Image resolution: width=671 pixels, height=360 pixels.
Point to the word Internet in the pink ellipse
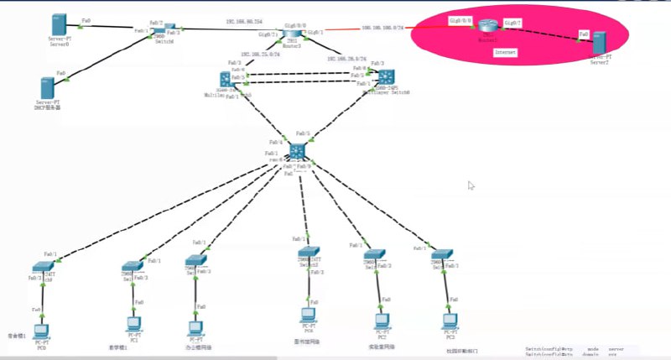click(x=506, y=52)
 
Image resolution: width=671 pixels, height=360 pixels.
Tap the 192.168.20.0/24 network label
click(x=346, y=59)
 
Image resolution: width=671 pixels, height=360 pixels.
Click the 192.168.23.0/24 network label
click(x=259, y=55)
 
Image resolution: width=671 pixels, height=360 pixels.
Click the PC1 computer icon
click(x=131, y=323)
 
